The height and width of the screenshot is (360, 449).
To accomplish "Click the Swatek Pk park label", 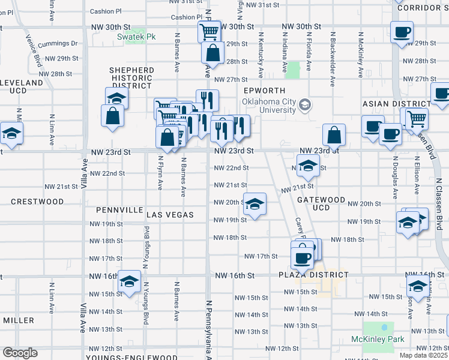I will (x=136, y=37).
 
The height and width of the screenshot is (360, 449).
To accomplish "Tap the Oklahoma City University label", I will (x=269, y=106).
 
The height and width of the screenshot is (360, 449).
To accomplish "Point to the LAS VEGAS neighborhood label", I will (x=170, y=215).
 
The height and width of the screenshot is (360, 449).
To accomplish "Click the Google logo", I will (x=19, y=353).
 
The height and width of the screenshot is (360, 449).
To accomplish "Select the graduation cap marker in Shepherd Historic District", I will (x=117, y=97).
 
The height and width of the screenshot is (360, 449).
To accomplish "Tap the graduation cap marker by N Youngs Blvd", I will (x=129, y=281).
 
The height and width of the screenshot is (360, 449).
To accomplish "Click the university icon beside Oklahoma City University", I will (x=306, y=106).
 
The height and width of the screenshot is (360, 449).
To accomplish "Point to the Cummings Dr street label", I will (x=58, y=44).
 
